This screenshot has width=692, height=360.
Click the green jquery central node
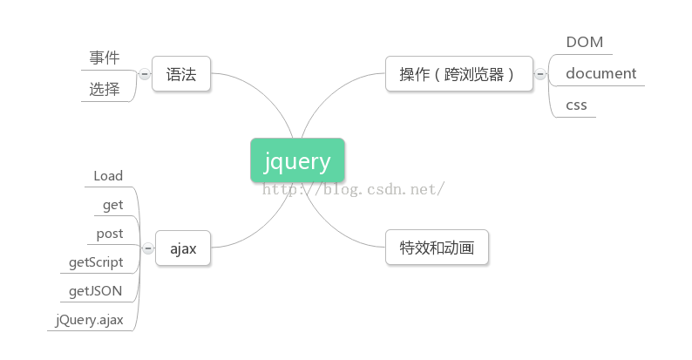tap(297, 160)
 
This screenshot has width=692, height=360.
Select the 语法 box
tap(181, 74)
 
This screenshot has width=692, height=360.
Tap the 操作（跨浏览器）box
tap(459, 74)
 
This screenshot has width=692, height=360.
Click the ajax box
tap(183, 248)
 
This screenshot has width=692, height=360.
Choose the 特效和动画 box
tap(437, 247)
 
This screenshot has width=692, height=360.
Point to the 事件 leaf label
tap(105, 58)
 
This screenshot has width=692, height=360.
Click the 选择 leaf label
tap(105, 89)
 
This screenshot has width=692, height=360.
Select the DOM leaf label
tap(584, 42)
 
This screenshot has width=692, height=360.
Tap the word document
tap(601, 73)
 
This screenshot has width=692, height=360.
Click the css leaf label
tap(576, 105)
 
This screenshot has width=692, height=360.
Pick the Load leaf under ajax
tap(108, 176)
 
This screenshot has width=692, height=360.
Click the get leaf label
tap(113, 205)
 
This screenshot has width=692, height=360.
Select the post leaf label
tap(110, 234)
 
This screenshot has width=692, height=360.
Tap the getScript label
tap(96, 262)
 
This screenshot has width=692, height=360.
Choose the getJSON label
tap(95, 291)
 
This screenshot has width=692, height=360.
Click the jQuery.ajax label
tap(89, 320)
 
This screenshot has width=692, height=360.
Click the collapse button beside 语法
tap(145, 74)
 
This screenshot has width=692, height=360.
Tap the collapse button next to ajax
tap(148, 248)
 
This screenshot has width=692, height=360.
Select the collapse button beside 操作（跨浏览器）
tap(540, 74)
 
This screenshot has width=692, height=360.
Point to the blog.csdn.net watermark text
tap(353, 189)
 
